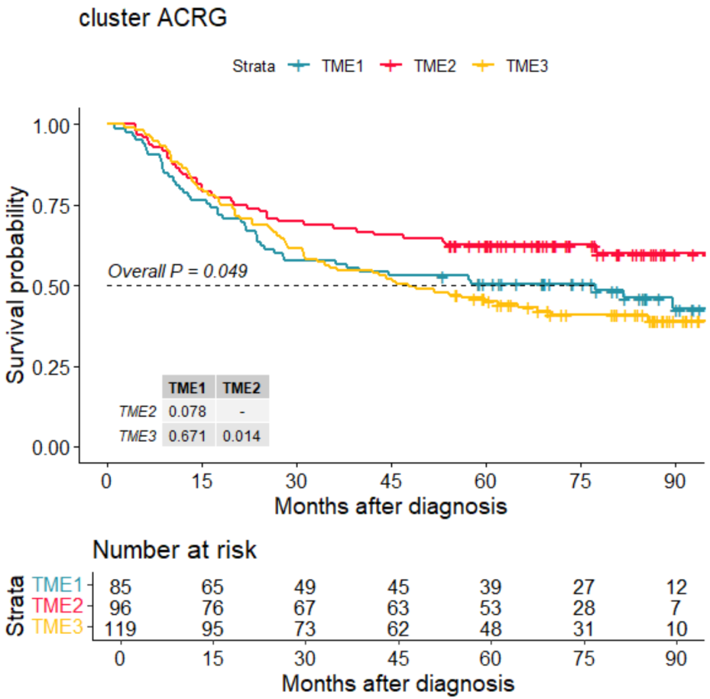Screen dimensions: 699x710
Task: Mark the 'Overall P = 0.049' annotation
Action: click(x=177, y=271)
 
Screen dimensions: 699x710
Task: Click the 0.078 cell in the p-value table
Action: click(x=188, y=411)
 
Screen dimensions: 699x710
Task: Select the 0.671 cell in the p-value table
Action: click(x=188, y=435)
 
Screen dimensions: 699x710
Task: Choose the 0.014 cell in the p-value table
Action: click(x=243, y=435)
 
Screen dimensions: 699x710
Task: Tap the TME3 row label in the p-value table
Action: click(x=138, y=435)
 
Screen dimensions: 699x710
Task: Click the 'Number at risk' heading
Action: click(x=174, y=550)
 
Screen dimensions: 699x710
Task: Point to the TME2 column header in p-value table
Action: click(x=243, y=388)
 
